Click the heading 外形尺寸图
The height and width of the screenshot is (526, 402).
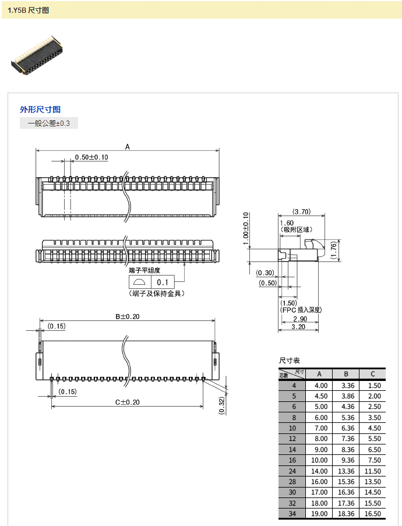coord(40,109)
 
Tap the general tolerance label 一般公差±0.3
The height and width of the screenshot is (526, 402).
coord(48,123)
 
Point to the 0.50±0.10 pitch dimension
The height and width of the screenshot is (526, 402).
coord(91,157)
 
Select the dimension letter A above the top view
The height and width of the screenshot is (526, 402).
coord(128,147)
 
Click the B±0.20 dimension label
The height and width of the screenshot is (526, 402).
coord(127,316)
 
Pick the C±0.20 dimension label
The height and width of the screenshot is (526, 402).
coord(127,402)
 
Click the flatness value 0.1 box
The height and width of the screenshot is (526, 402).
coord(163,282)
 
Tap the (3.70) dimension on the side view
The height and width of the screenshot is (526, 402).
coord(301,211)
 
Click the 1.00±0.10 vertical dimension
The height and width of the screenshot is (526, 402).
coord(246,228)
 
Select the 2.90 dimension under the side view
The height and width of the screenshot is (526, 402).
coord(299,319)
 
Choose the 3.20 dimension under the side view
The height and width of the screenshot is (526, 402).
coord(299,327)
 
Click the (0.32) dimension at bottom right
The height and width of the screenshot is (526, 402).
coord(222,405)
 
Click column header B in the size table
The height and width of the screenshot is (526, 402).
coord(347,374)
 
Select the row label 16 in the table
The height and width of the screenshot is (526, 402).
coord(294,460)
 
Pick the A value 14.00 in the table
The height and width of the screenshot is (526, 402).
coord(320,471)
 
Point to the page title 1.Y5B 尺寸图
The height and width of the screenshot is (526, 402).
coord(29,10)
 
